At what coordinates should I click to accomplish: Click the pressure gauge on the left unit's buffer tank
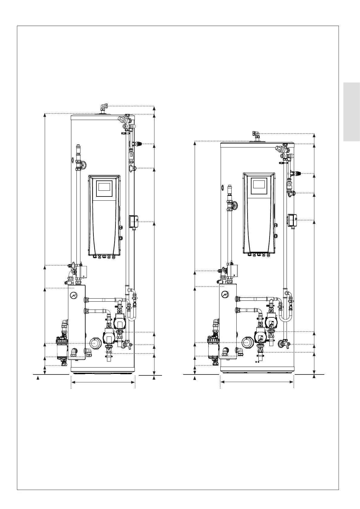73,295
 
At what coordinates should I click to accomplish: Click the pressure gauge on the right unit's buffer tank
225,294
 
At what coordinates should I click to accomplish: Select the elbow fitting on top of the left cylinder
104,107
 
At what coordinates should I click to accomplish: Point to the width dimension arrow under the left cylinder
103,382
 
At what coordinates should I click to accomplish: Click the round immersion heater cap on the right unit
247,342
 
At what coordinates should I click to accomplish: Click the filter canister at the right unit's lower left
213,348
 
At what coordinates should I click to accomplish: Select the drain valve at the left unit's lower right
127,344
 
